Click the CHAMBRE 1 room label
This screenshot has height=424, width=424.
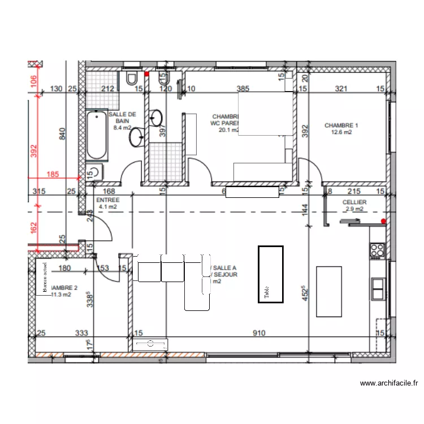pyautogui.click(x=341, y=126)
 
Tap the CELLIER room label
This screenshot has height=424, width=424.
pyautogui.click(x=354, y=202)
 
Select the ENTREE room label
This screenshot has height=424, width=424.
pyautogui.click(x=107, y=200)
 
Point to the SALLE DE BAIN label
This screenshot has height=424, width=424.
pyautogui.click(x=122, y=117)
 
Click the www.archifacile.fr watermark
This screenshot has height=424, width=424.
pyautogui.click(x=390, y=383)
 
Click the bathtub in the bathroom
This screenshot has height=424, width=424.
pyautogui.click(x=97, y=136)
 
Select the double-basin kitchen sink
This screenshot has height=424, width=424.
pyautogui.click(x=378, y=289)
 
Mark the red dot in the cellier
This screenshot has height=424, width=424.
pyautogui.click(x=384, y=221)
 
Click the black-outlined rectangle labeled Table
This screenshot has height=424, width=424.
pyautogui.click(x=270, y=274)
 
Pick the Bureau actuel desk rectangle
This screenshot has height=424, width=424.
pyautogui.click(x=43, y=278)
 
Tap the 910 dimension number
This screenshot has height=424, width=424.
pyautogui.click(x=259, y=334)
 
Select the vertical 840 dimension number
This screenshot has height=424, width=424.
pyautogui.click(x=63, y=133)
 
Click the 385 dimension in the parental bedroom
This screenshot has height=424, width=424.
pyautogui.click(x=243, y=89)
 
